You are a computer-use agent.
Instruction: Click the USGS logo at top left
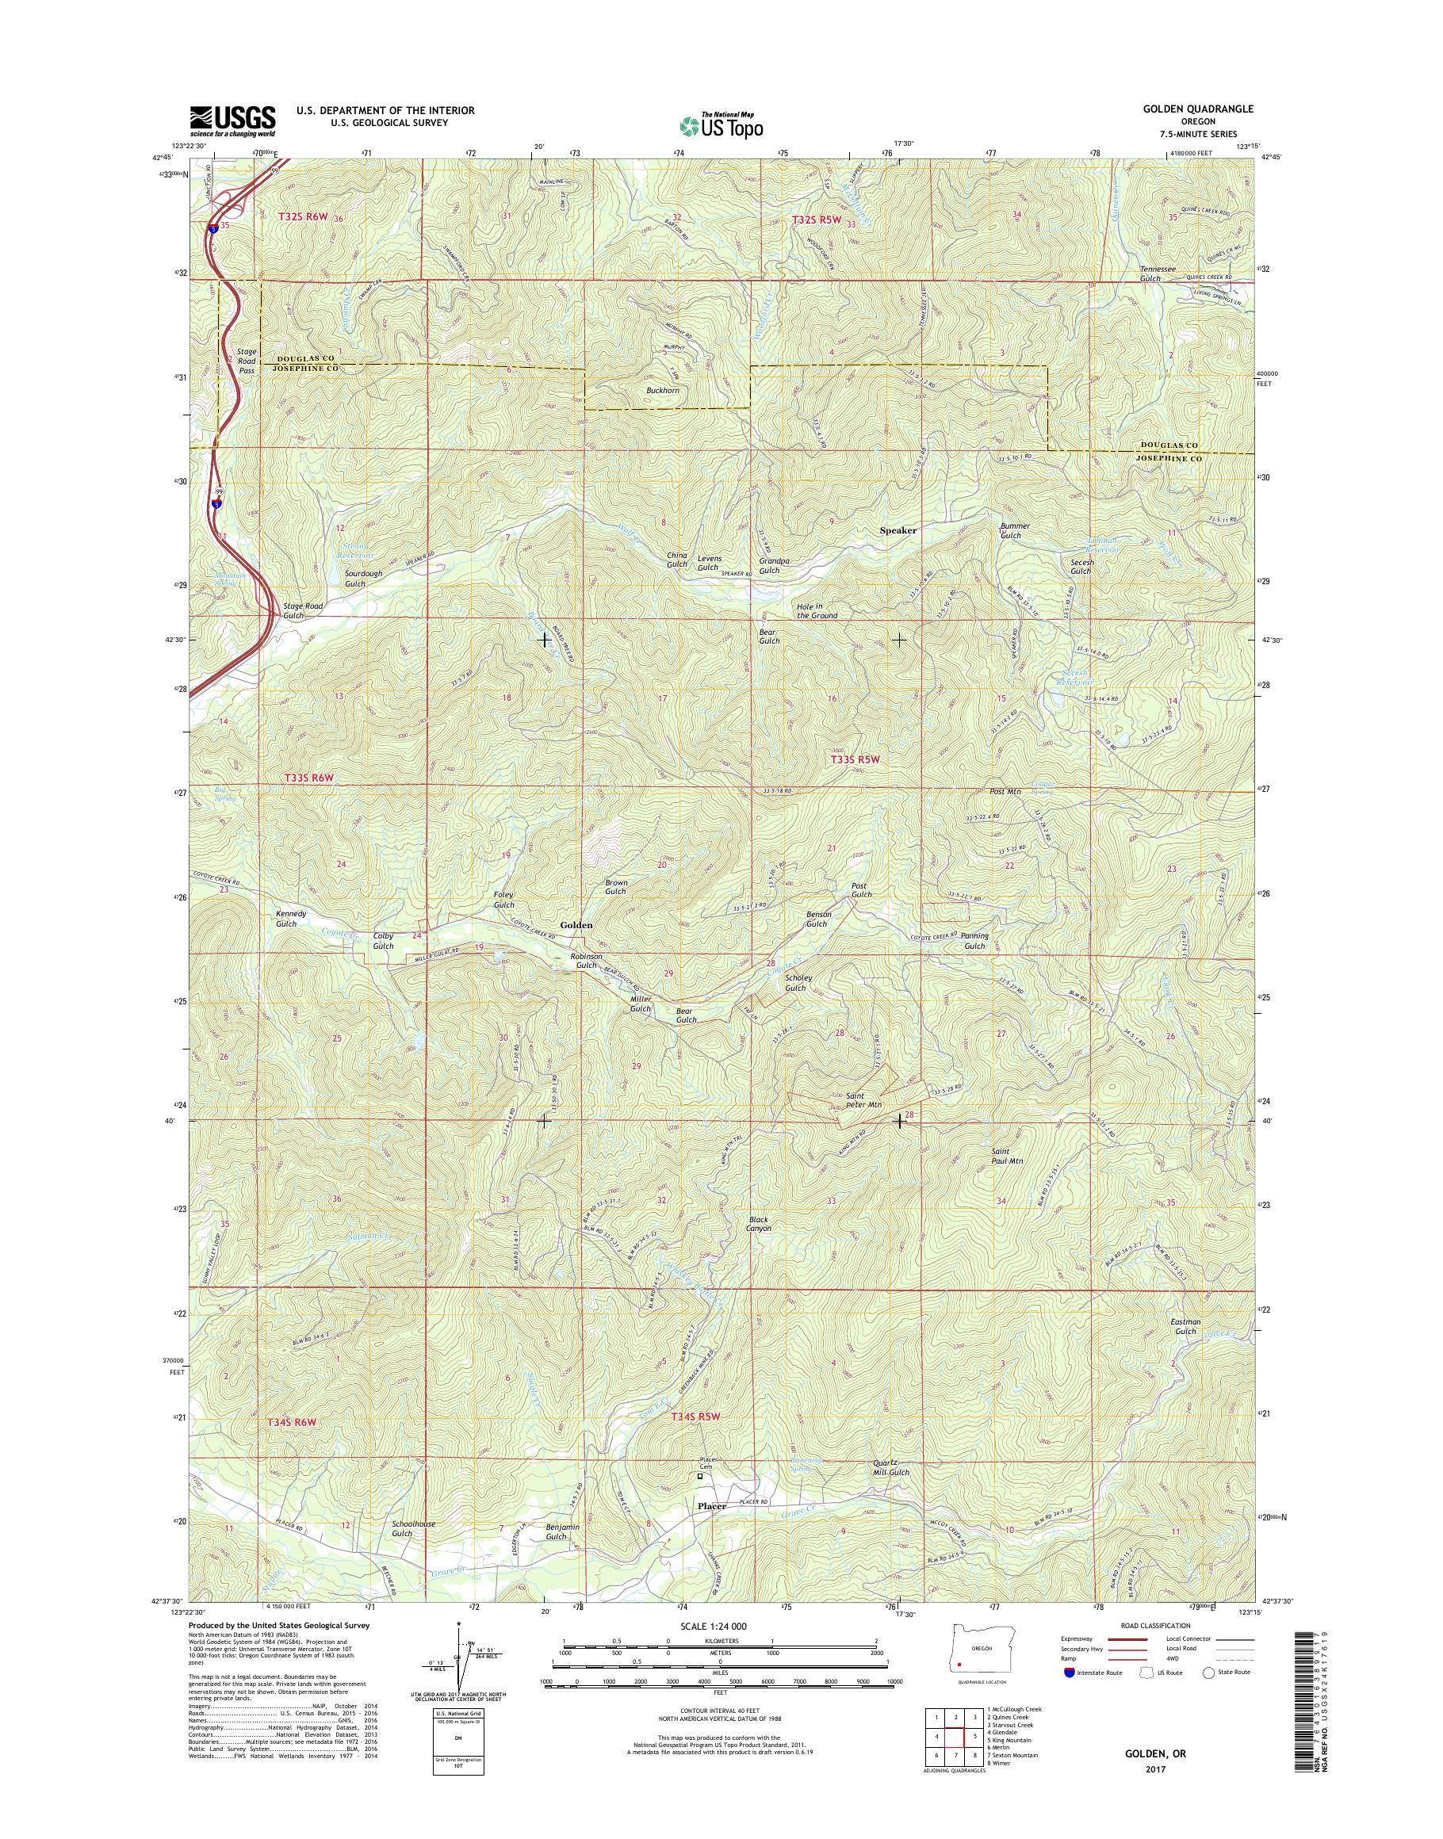tap(232, 120)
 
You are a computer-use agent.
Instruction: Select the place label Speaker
tap(898, 530)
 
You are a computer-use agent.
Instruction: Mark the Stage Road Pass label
tap(246, 361)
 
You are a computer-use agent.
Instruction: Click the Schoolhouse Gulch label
tap(413, 1528)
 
